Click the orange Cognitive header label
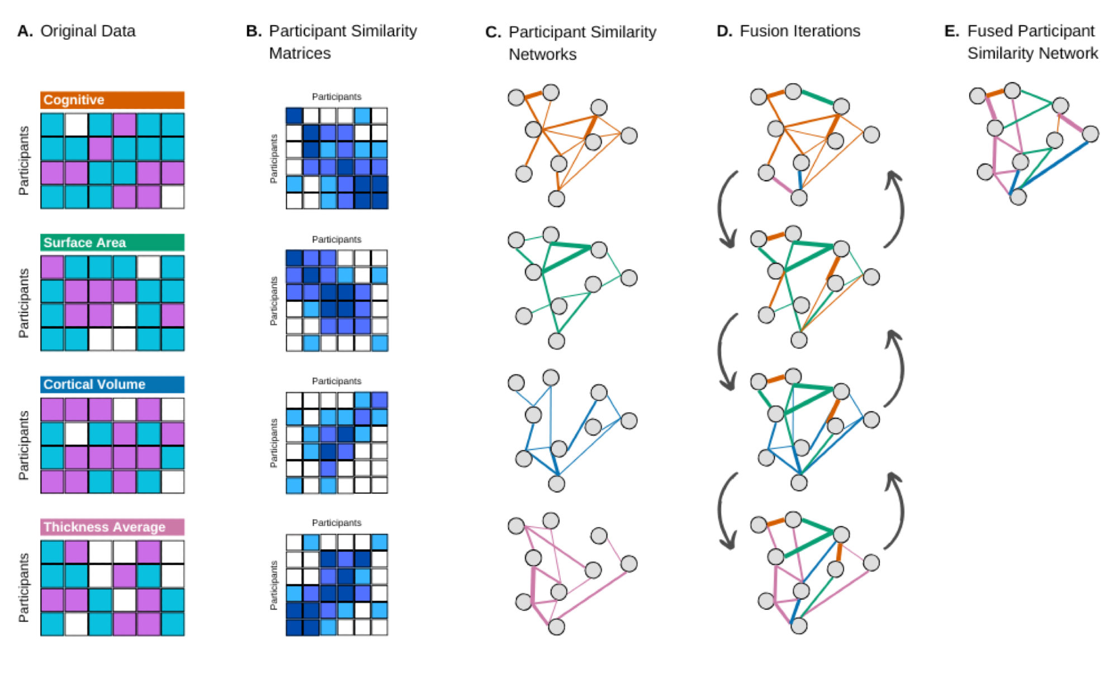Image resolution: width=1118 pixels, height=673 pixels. coord(112,100)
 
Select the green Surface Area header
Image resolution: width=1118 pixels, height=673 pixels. coord(112,243)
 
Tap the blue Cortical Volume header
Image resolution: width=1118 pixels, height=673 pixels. coord(112,385)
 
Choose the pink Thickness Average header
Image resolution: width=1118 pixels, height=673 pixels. coord(112,527)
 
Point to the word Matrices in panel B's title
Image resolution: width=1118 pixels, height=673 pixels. coord(300,53)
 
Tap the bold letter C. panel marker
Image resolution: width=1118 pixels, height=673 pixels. coord(493,32)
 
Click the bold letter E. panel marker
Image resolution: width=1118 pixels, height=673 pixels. coord(951,31)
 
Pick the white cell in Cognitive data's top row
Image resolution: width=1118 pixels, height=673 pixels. coord(76,125)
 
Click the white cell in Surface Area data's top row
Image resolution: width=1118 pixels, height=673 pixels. coord(149,267)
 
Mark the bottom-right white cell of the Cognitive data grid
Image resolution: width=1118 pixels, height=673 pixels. coord(173,197)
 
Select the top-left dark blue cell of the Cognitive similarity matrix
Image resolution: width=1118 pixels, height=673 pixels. coord(294,116)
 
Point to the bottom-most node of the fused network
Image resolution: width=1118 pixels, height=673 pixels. coord(1018,197)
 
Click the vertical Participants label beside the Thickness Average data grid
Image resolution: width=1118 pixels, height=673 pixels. coord(23,587)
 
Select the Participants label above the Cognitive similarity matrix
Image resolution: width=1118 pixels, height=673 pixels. coord(337,97)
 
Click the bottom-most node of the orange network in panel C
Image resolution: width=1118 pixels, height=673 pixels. coord(556,198)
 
